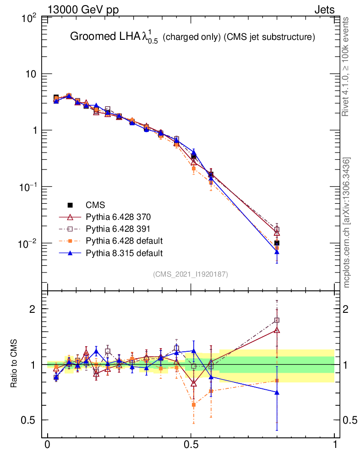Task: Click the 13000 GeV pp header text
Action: pyautogui.click(x=83, y=9)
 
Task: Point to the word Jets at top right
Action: pyautogui.click(x=324, y=9)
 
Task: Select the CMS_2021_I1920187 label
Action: pyautogui.click(x=191, y=274)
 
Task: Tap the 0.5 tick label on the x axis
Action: pyautogui.click(x=191, y=445)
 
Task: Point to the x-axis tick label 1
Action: pyautogui.click(x=335, y=445)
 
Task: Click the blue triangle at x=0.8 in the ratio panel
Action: pyautogui.click(x=277, y=393)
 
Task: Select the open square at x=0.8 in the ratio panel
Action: pyautogui.click(x=277, y=320)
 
